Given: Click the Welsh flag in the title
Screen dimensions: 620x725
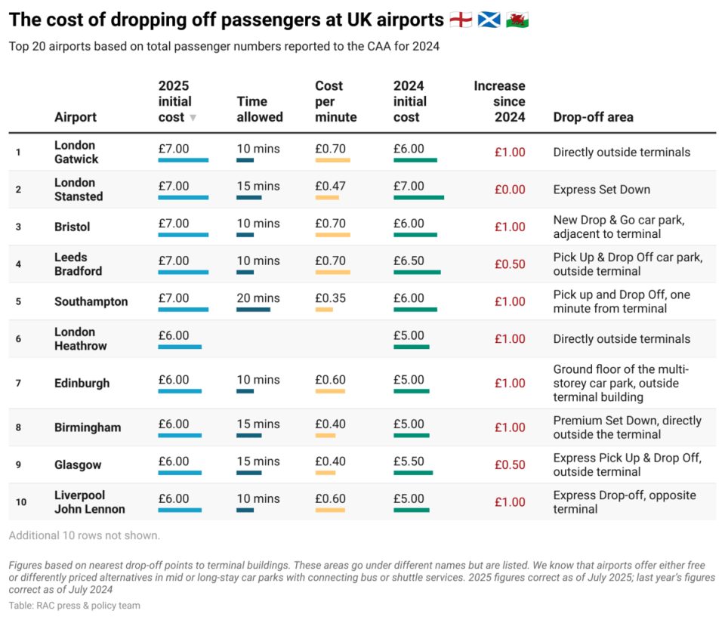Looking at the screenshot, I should tap(517, 20).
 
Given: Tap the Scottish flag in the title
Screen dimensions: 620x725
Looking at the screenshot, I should tap(489, 20).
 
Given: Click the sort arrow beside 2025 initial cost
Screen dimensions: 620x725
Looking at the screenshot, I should tap(193, 118).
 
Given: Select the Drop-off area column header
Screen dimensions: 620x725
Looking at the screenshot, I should tap(593, 117).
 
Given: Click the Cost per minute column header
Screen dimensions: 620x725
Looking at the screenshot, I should tap(335, 102).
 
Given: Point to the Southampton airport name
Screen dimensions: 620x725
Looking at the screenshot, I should tap(91, 301).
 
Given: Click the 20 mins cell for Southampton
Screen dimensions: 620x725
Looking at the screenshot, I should tap(258, 298).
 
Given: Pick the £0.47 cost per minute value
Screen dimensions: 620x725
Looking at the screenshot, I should tap(330, 186).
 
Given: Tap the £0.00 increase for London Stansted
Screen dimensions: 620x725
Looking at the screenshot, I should tap(510, 190).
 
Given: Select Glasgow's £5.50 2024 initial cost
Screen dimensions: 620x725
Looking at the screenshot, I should tap(409, 461).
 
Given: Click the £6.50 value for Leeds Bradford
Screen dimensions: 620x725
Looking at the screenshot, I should tap(409, 261).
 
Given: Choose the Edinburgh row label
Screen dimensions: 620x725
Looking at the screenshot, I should tap(82, 383).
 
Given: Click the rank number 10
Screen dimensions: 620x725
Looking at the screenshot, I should tap(21, 502).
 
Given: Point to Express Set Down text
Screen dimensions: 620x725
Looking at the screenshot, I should tap(601, 190).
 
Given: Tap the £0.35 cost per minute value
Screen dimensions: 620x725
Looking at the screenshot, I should tap(330, 298).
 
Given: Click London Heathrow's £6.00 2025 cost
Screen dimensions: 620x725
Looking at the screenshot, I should tap(174, 335).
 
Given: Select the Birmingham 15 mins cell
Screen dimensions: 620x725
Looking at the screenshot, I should tap(258, 424).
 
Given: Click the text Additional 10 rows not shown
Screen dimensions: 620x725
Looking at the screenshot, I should tap(85, 535).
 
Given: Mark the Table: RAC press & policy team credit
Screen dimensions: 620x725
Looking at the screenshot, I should tap(74, 606).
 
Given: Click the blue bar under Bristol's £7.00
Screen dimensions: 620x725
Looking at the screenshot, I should tap(183, 235).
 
